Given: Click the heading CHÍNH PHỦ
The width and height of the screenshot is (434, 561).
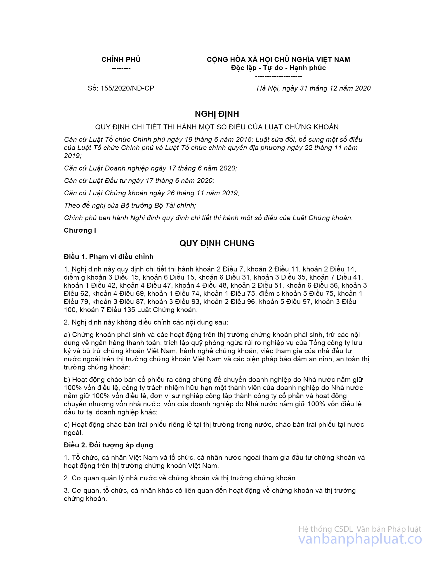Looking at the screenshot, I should [x=121, y=60].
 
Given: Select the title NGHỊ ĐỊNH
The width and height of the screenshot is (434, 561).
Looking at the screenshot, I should [x=217, y=114].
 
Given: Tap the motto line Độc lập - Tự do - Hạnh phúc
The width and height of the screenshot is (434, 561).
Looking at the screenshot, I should [x=278, y=68].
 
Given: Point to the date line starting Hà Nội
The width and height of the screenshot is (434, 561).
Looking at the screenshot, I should [x=314, y=88].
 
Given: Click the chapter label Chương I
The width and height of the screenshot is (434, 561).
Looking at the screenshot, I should [x=80, y=230].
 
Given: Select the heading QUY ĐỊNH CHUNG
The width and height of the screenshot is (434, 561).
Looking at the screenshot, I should [x=217, y=243].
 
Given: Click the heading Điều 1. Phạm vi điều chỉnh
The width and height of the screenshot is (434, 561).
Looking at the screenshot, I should [x=108, y=257].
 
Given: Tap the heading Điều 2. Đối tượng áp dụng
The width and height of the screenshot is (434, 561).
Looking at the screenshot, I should [x=108, y=445].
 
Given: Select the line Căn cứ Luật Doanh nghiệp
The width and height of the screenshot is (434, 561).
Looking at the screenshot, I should [x=150, y=168].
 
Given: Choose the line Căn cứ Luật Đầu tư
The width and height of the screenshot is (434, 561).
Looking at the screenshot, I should [x=139, y=181].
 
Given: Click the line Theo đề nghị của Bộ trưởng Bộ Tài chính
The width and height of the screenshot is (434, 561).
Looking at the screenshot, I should [x=130, y=206].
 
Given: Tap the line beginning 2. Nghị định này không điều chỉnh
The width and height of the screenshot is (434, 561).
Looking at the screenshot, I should [x=146, y=322].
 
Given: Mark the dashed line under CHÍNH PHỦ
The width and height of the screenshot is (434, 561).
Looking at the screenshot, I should [x=121, y=68].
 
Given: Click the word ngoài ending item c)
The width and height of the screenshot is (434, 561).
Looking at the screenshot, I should [x=73, y=433].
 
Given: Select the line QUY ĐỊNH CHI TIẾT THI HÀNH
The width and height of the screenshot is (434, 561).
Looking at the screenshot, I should [x=217, y=127].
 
